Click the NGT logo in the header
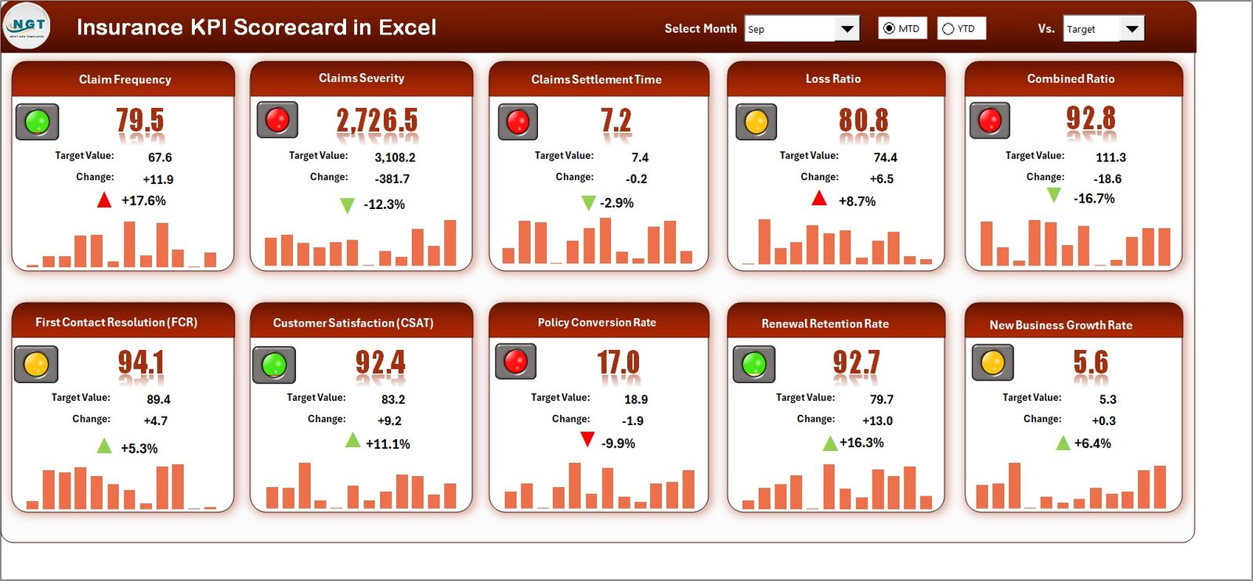click(27, 26)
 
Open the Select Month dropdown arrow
click(847, 29)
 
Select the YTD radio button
click(948, 29)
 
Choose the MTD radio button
click(889, 29)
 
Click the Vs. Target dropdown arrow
click(1132, 29)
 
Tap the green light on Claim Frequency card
click(37, 121)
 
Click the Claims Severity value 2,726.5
click(377, 121)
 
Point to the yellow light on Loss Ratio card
click(756, 121)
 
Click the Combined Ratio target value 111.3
click(1110, 157)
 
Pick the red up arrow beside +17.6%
click(104, 200)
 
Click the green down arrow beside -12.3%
click(347, 205)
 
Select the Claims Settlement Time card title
click(596, 79)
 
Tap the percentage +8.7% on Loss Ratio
click(857, 201)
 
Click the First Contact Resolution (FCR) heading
click(116, 322)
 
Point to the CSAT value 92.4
click(380, 363)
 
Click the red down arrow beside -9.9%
click(587, 440)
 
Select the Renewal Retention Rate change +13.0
click(877, 420)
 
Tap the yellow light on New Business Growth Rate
click(992, 363)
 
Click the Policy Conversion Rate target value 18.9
click(635, 399)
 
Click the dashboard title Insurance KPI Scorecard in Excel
click(256, 27)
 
